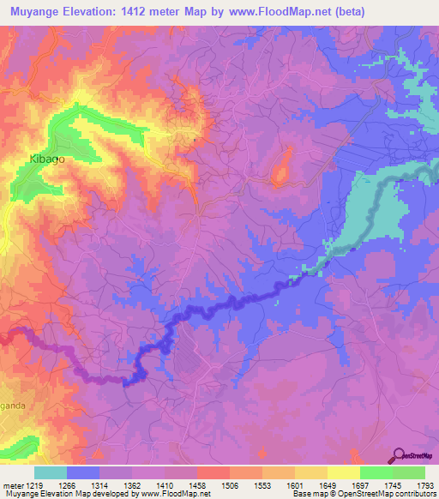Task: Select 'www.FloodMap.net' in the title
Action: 274,12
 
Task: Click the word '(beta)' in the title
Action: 343,12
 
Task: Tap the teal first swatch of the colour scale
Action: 51,472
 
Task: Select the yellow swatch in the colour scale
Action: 343,472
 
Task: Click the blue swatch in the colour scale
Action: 83,472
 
